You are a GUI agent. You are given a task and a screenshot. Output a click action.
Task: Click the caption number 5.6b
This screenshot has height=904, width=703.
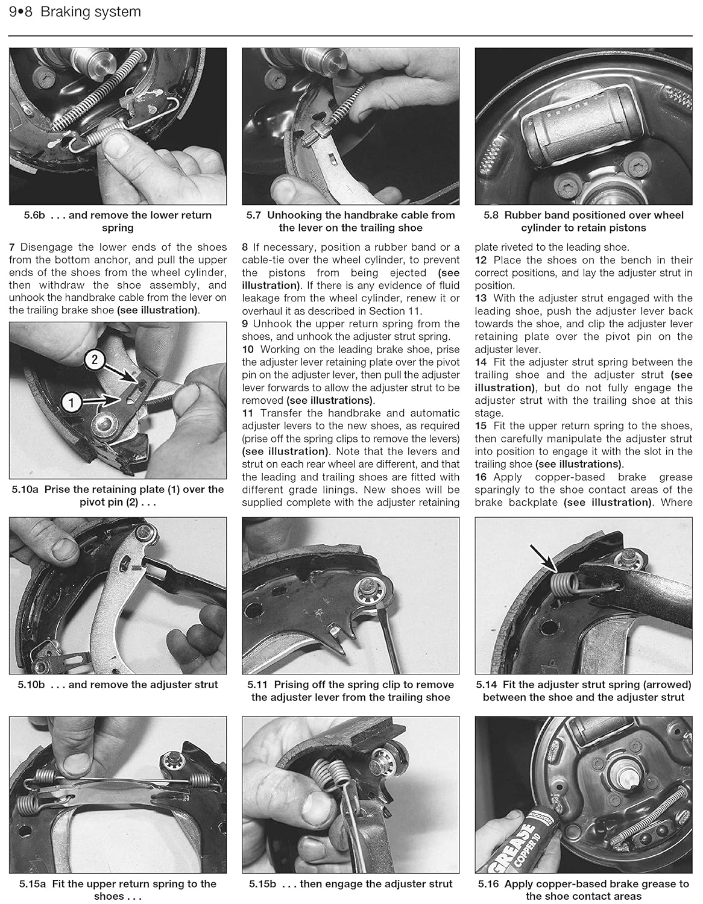click(x=34, y=215)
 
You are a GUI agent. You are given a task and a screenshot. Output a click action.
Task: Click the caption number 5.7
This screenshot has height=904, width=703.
click(x=254, y=215)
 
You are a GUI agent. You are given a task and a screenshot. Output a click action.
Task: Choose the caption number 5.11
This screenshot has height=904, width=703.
click(x=257, y=685)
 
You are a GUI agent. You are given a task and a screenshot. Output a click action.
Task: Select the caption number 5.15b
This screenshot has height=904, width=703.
click(x=263, y=884)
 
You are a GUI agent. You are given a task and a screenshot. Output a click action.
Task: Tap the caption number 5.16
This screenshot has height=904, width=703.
click(x=488, y=884)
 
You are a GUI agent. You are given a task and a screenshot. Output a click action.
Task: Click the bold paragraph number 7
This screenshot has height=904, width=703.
click(x=12, y=247)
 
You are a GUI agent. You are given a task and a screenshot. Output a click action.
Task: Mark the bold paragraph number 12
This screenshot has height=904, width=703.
click(x=481, y=260)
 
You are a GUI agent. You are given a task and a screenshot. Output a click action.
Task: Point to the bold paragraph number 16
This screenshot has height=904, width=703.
click(x=481, y=477)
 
